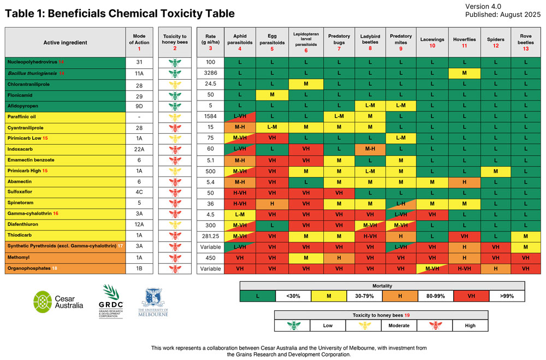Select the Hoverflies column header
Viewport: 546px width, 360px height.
click(x=464, y=42)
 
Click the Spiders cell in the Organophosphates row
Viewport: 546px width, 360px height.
click(x=495, y=268)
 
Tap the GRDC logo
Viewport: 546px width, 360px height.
click(x=110, y=300)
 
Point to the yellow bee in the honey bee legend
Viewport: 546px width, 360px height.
click(x=365, y=326)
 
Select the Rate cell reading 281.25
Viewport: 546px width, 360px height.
click(x=210, y=236)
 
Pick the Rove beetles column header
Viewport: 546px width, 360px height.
click(x=526, y=42)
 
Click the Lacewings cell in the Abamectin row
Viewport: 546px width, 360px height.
click(x=432, y=182)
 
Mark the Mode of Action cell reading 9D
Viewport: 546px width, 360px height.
click(x=139, y=107)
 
